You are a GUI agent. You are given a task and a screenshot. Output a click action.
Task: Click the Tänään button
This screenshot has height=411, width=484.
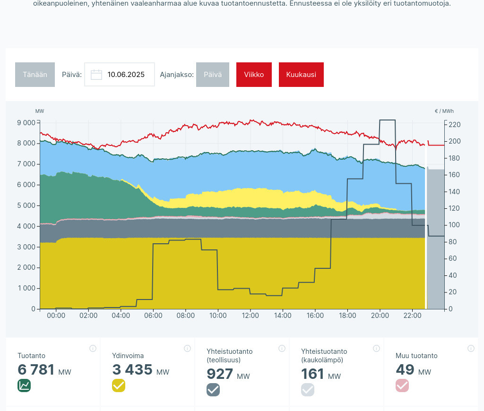coord(35,75)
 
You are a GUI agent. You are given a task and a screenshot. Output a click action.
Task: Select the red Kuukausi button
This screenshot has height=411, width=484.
coord(301,75)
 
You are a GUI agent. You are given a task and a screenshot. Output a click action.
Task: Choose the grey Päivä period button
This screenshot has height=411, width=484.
coord(213,75)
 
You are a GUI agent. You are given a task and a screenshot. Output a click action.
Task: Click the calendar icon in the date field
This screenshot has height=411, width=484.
coord(96,75)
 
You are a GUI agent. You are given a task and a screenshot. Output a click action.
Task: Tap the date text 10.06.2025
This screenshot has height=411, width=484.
coord(126,75)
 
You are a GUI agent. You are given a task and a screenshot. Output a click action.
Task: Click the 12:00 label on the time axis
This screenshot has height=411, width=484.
coord(250,316)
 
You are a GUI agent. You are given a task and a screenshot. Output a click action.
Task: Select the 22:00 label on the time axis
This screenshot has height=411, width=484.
coord(412,316)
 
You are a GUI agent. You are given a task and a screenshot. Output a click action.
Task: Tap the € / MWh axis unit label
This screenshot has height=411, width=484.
coord(444,111)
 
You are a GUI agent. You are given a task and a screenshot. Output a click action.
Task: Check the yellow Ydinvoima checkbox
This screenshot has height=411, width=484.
coord(119,385)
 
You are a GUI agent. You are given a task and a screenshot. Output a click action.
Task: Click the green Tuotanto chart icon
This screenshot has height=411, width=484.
coord(24,385)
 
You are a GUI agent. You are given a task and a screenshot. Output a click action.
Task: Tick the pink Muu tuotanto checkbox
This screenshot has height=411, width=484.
coord(402,385)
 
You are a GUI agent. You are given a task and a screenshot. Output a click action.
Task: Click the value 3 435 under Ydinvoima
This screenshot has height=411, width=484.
coord(132,370)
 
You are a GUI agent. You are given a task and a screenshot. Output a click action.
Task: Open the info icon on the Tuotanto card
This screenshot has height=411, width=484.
coord(93,349)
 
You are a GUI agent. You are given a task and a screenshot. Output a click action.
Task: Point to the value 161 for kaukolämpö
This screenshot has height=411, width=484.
coord(312,374)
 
